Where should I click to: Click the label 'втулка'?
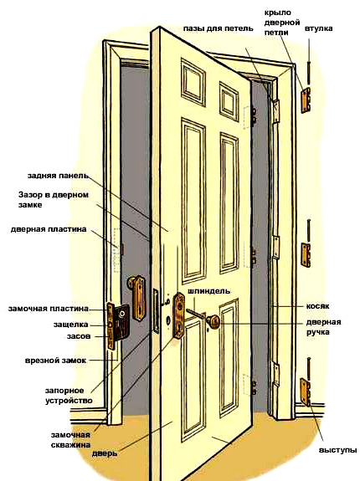319,28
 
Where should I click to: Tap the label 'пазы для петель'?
219,28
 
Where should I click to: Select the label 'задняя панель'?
58,176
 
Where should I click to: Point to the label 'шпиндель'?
209,291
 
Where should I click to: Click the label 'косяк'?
317,306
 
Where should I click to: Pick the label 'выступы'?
337,450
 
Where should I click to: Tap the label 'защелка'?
71,325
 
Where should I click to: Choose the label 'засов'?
79,336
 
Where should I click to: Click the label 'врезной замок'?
55,361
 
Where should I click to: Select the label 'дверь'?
105,453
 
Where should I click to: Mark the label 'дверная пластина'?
49,229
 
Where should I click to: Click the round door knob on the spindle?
213,321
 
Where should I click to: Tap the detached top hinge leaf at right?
306,100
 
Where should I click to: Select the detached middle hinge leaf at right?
306,255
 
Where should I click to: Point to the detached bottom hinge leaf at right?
306,392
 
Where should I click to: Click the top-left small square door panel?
193,83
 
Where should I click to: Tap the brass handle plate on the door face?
179,315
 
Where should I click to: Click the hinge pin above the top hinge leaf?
308,73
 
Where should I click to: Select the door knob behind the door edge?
136,298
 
